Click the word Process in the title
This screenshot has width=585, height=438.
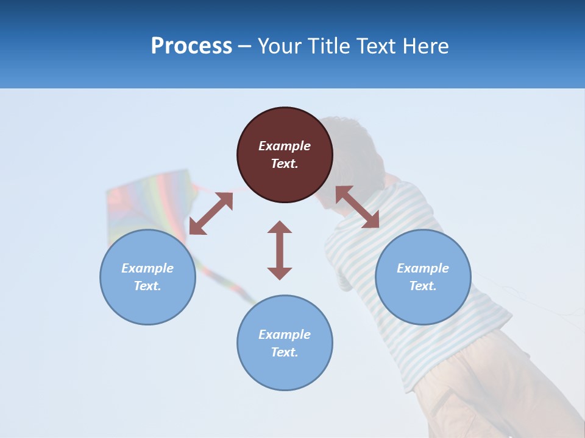click(191, 46)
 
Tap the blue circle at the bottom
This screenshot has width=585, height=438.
click(285, 371)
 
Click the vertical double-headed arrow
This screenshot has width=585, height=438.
click(280, 250)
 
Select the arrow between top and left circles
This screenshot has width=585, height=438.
click(211, 214)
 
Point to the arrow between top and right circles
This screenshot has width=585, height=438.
click(357, 207)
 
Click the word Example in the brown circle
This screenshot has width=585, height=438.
click(285, 146)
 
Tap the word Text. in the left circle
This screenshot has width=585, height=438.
click(147, 286)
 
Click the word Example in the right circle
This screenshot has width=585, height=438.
click(423, 268)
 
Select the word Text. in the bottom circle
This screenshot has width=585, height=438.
click(285, 352)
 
